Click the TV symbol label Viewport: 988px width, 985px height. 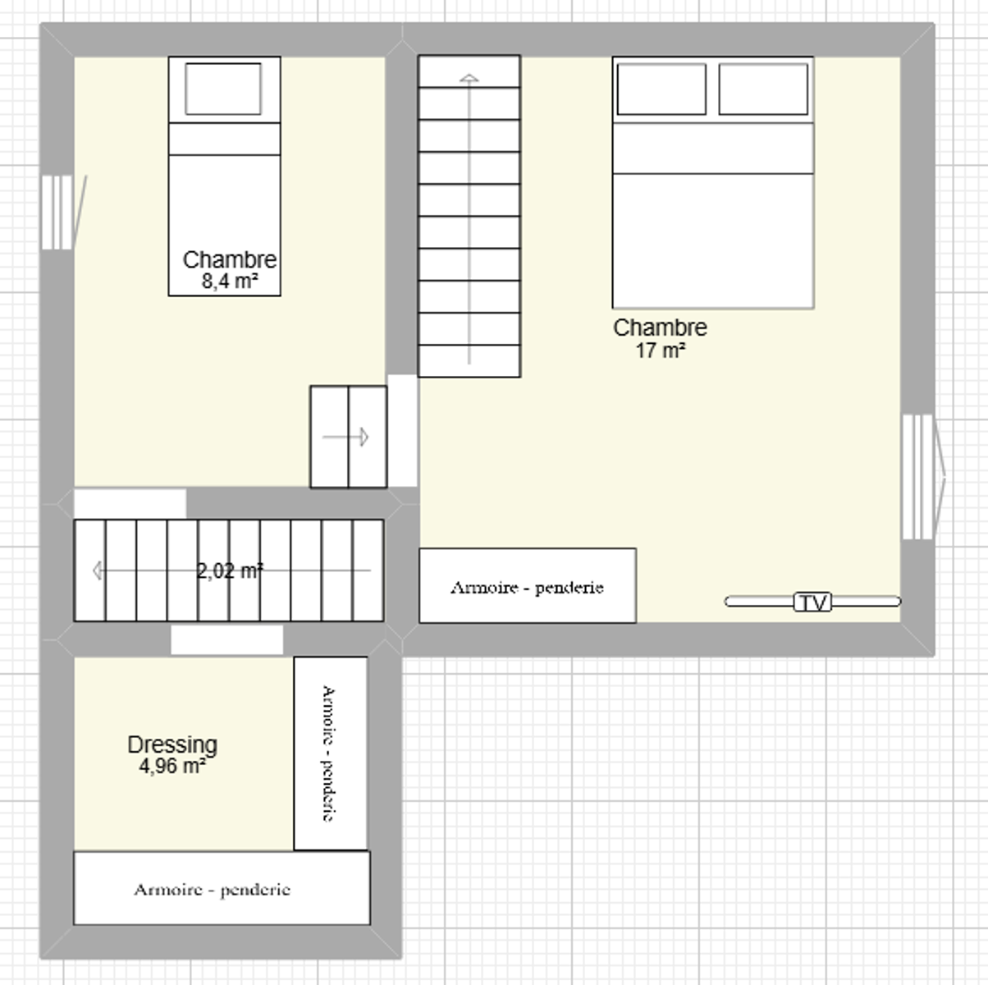click(812, 602)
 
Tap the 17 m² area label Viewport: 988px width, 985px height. click(661, 350)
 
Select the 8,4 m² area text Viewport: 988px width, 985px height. click(229, 281)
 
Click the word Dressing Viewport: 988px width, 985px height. click(172, 745)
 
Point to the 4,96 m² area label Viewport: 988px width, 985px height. click(172, 767)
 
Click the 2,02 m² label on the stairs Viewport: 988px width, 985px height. click(230, 570)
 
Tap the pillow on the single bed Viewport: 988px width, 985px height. click(223, 89)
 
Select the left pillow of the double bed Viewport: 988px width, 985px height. click(661, 89)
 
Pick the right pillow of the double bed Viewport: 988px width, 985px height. click(763, 89)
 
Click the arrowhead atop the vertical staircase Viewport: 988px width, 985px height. click(469, 78)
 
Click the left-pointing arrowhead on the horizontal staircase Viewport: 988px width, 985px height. click(97, 570)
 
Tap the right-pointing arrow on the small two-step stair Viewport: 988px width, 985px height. click(345, 437)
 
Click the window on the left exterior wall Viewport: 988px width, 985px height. click(57, 213)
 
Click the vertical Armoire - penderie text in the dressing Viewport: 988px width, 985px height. click(329, 754)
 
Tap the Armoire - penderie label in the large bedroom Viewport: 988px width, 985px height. click(527, 588)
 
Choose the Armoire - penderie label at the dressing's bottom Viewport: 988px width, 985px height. click(213, 890)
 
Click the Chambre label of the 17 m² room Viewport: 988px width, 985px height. click(661, 328)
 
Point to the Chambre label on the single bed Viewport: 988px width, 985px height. click(230, 260)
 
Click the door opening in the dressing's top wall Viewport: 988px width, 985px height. click(226, 639)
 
